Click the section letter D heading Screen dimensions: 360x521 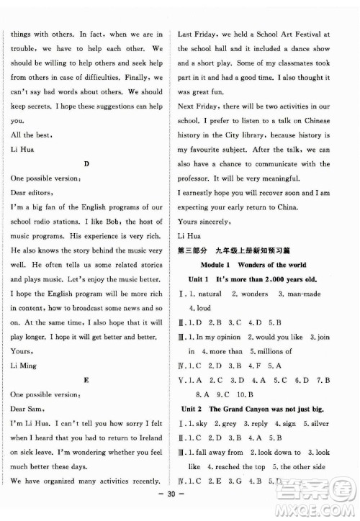[x=86, y=164]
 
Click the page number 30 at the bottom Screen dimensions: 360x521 [x=179, y=506]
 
